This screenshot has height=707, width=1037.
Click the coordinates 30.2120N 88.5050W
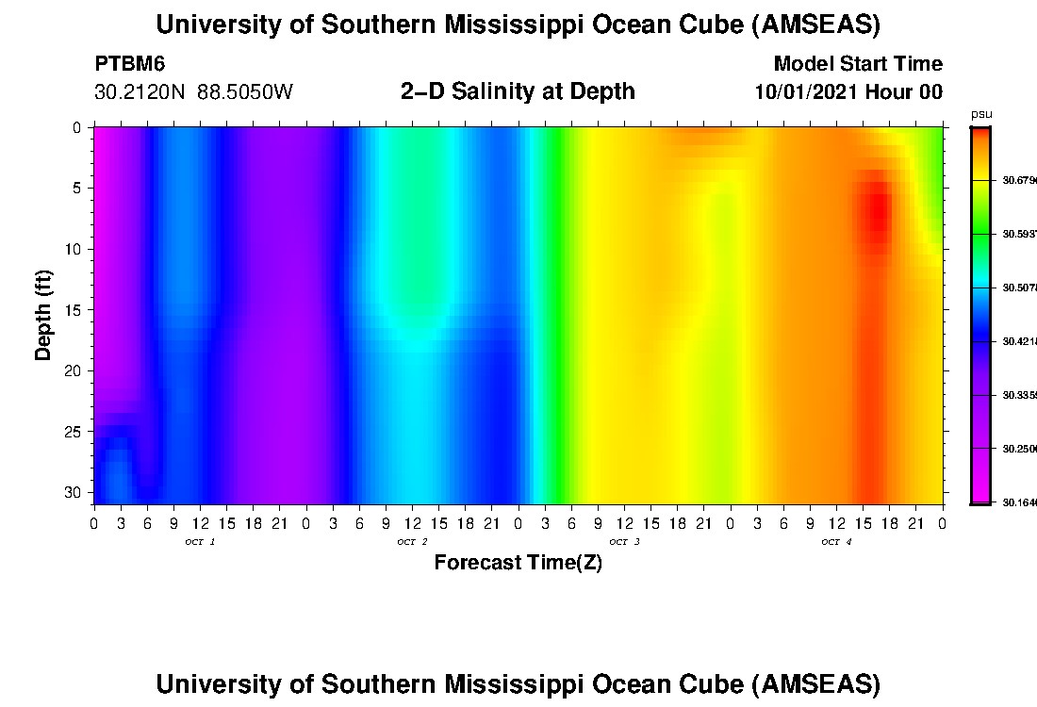coord(193,92)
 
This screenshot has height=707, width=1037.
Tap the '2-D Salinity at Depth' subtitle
coord(518,91)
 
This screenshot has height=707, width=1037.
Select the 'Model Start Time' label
coord(858,64)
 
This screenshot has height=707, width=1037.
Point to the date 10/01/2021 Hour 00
coord(848,92)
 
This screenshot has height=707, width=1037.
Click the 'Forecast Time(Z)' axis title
coord(518,563)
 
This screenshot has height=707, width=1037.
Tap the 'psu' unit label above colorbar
coord(981,114)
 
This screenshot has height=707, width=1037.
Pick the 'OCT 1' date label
coord(200,542)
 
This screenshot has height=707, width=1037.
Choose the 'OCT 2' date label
coord(412,542)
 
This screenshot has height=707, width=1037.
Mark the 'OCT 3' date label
coord(624,542)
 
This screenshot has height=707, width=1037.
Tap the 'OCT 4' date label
coord(836,542)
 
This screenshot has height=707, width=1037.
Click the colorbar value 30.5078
coord(1019,288)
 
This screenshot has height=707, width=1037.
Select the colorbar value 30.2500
coord(1019,450)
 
